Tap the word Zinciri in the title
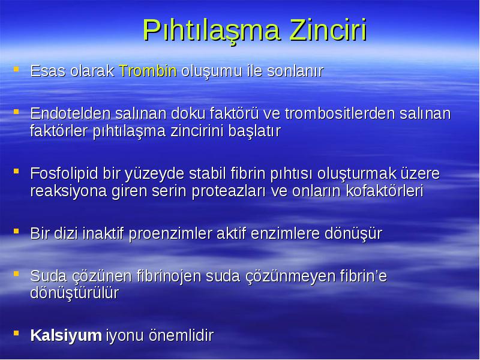click(328, 29)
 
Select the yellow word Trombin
click(148, 71)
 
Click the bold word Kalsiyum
click(66, 335)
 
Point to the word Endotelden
click(70, 113)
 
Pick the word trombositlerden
click(340, 113)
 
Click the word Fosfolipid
click(64, 173)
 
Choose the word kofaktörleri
click(385, 191)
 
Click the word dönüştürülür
click(74, 293)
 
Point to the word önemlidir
click(181, 335)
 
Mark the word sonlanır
click(295, 71)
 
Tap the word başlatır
click(254, 131)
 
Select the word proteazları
click(229, 191)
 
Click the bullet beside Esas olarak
click(16, 69)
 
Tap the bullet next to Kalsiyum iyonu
click(16, 333)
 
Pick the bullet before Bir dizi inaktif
click(16, 231)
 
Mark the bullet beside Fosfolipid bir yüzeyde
click(16, 171)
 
